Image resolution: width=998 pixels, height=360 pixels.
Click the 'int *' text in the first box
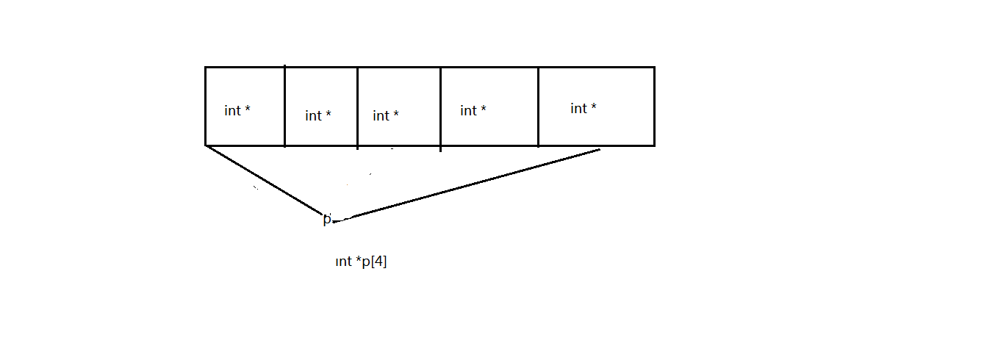tap(237, 111)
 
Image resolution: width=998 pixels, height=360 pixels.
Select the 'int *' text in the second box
tap(318, 116)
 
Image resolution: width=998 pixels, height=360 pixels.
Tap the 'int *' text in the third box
tap(386, 116)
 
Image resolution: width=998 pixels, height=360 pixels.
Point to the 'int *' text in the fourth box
tap(473, 111)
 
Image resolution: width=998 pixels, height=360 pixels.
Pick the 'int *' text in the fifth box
tap(584, 109)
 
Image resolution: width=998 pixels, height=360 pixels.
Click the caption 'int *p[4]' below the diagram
tap(361, 262)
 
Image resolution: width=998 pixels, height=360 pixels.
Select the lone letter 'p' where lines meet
tap(326, 219)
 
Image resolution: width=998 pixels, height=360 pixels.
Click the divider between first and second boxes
tap(284, 107)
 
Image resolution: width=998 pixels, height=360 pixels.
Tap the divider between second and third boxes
tap(357, 107)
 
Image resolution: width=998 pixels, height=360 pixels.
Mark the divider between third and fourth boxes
tap(440, 107)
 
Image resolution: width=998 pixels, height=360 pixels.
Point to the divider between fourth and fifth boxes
tap(538, 107)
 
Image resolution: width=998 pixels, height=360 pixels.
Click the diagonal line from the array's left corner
tap(265, 182)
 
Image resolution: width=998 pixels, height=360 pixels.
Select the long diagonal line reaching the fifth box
tap(470, 184)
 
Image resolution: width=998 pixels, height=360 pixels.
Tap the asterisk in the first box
tap(248, 109)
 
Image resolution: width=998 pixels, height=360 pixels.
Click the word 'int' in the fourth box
tap(468, 111)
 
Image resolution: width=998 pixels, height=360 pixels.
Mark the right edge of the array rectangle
tap(653, 107)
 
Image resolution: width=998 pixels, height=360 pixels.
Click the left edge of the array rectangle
tap(205, 107)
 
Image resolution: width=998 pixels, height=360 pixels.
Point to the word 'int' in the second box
tap(314, 116)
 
